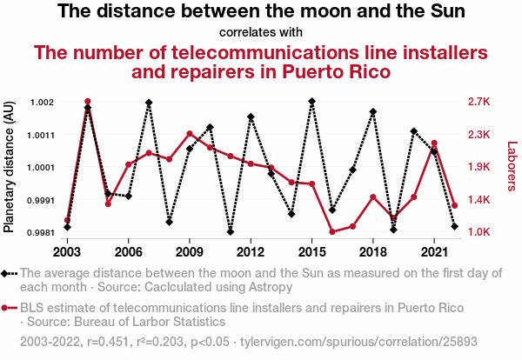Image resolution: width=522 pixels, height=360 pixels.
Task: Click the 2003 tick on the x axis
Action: point(67,251)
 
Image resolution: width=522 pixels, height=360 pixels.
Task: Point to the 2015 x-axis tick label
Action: point(311,251)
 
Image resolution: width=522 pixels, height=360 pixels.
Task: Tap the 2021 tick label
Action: point(434,251)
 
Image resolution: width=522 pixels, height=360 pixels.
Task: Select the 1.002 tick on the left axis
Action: point(41,102)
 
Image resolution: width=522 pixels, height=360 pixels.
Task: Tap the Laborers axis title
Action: point(512,167)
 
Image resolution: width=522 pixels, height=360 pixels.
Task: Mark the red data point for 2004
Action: point(88,102)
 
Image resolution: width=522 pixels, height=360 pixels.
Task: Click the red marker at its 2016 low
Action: point(332,231)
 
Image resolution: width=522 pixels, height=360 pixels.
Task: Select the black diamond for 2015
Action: point(311,102)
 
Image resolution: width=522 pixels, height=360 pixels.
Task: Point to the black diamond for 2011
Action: point(231,232)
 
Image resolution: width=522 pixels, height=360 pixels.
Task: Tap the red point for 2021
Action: point(434,143)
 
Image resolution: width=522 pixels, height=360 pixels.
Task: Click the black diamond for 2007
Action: point(149,103)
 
